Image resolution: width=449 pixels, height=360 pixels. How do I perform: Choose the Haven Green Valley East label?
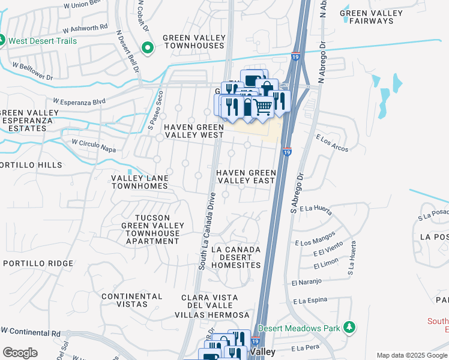tap(246, 176)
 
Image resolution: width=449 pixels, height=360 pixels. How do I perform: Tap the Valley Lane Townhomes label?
tap(140, 182)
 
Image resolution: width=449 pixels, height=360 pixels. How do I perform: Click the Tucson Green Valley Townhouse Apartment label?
tap(152, 229)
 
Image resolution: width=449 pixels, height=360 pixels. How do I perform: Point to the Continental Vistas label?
tap(131, 300)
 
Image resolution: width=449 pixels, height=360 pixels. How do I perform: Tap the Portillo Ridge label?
tap(31, 263)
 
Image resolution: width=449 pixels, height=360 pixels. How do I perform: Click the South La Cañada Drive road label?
tap(207, 230)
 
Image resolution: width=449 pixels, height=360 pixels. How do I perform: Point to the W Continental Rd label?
tap(31, 331)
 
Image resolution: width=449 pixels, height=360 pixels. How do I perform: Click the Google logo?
tap(20, 353)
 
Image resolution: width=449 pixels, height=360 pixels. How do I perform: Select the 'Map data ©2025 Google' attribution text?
tap(411, 355)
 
